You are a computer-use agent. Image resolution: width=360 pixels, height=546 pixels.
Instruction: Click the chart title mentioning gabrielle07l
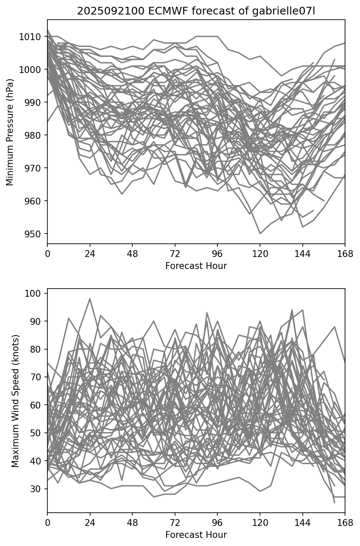coord(196,12)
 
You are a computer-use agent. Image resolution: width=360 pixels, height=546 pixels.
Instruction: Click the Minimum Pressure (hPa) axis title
coord(10,132)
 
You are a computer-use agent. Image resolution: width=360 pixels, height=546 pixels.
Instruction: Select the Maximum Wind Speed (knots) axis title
coord(15,400)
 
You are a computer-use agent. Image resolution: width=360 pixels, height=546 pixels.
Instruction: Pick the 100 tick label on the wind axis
coord(35,293)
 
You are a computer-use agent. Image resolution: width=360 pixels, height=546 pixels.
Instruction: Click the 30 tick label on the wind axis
coord(37,489)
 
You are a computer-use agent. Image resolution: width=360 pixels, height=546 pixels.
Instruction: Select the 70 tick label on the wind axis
coord(37,377)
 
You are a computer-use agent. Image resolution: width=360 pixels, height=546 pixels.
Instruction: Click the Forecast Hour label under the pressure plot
coord(196,266)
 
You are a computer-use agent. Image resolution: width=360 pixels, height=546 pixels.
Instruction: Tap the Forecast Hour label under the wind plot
coord(196,535)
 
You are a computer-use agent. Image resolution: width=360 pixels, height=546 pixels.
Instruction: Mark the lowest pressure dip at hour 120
coord(260,234)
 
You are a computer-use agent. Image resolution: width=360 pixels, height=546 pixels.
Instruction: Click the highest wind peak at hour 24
coord(90,299)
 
